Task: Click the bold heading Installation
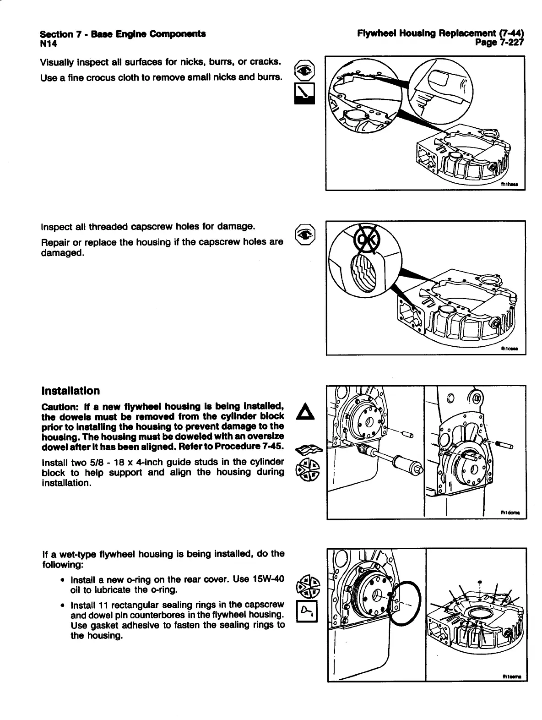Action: tap(70, 391)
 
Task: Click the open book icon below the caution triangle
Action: tap(305, 450)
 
